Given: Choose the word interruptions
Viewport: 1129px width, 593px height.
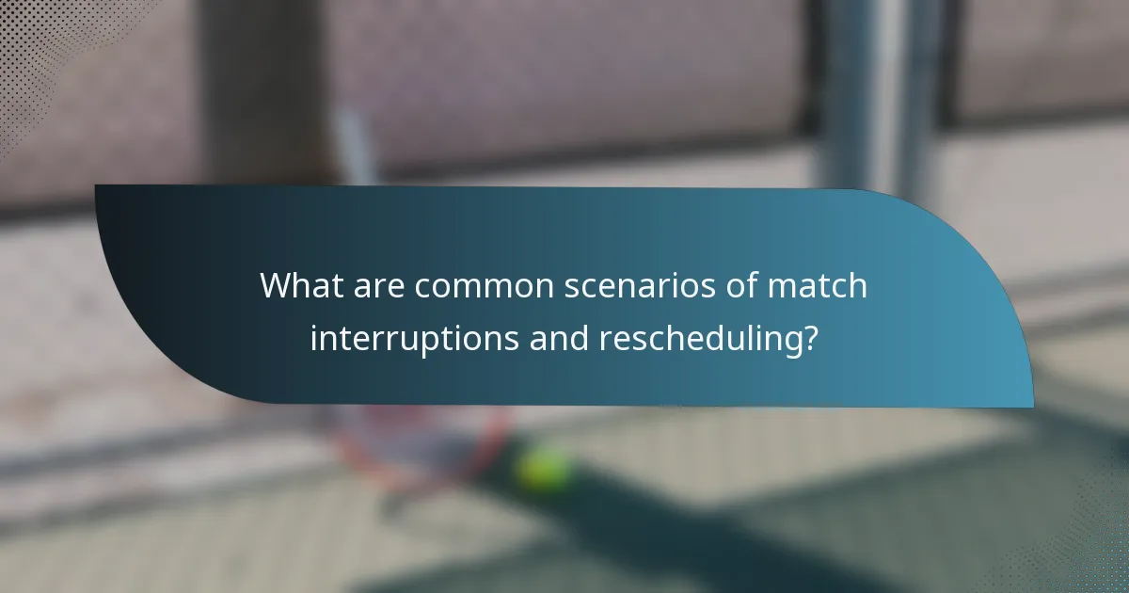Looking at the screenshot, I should point(413,338).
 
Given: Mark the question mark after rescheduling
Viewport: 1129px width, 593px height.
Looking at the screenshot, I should point(807,338).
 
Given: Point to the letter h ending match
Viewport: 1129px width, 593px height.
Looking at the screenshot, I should point(857,285).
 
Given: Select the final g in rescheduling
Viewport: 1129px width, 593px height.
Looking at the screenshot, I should point(787,342).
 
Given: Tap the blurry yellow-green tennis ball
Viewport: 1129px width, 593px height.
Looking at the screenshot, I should point(544,468).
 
